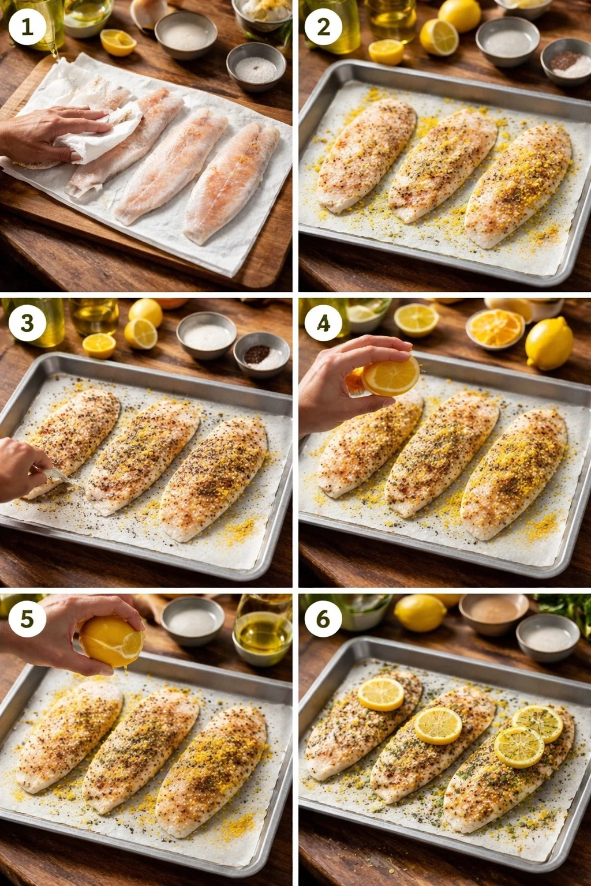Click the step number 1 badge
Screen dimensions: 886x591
pyautogui.click(x=27, y=27)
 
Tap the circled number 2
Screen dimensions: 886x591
pyautogui.click(x=323, y=27)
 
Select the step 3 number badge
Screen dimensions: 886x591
pyautogui.click(x=27, y=323)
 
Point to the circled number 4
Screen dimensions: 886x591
pyautogui.click(x=323, y=323)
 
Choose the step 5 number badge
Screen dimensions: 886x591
pyautogui.click(x=27, y=619)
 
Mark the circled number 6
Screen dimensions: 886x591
pyautogui.click(x=323, y=619)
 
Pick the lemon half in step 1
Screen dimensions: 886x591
pyautogui.click(x=118, y=42)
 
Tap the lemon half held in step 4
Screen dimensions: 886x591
pyautogui.click(x=390, y=375)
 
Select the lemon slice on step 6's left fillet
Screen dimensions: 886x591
pyautogui.click(x=381, y=694)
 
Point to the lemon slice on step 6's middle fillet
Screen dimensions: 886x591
pyautogui.click(x=438, y=725)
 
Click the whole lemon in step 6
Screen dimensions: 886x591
pyautogui.click(x=420, y=613)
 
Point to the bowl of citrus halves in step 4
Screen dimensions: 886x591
pyautogui.click(x=495, y=329)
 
